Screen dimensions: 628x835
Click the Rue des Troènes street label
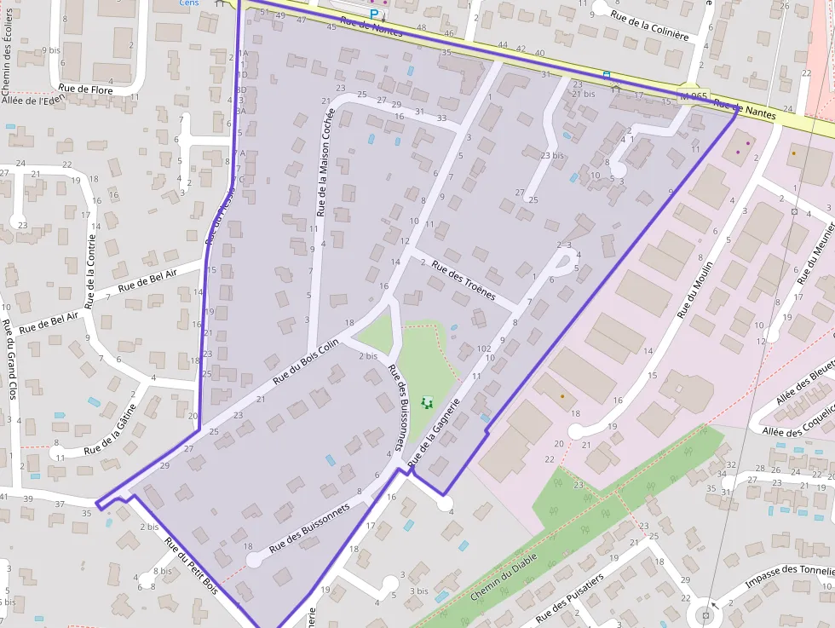pos(464,279)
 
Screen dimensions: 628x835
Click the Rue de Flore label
pos(85,88)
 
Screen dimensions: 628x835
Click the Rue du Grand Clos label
pos(9,372)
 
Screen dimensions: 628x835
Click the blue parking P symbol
pos(373,14)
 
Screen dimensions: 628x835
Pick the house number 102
pos(485,349)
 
